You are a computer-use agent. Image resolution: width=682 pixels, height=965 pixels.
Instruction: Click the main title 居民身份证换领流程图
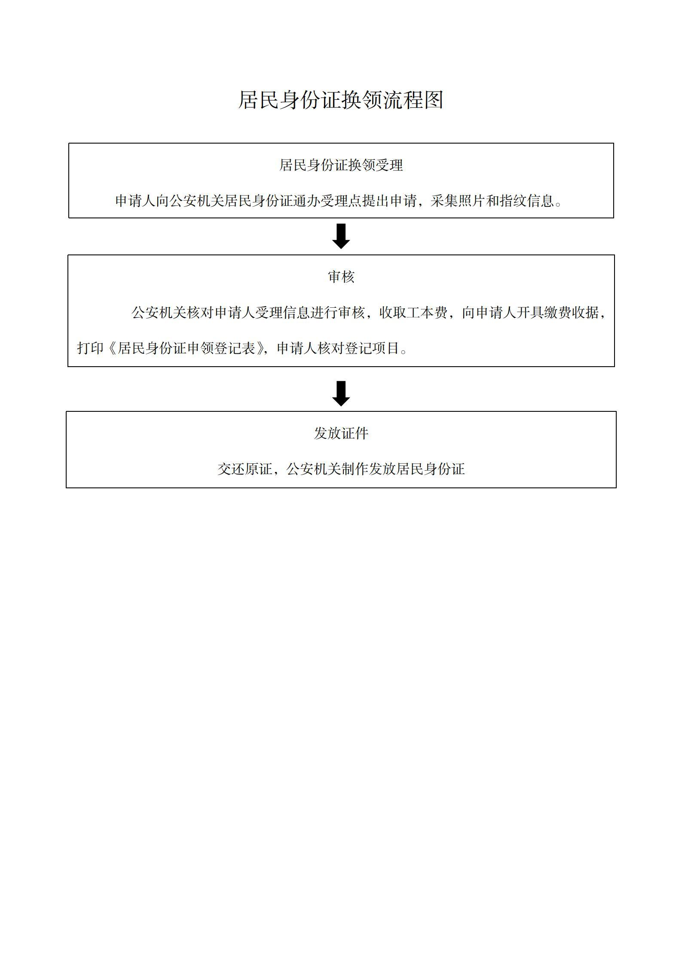[341, 100]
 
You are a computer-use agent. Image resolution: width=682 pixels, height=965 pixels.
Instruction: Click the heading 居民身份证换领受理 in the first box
[341, 165]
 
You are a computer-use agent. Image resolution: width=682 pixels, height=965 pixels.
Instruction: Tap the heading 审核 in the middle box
[341, 277]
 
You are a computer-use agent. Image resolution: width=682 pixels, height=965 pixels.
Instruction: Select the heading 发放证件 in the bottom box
[341, 433]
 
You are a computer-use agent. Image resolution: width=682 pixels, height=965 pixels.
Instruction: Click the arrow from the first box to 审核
[341, 236]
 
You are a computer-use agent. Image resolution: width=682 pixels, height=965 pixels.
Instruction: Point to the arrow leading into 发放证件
[341, 393]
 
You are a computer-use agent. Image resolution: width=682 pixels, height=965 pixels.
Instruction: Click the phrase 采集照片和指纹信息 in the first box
[492, 201]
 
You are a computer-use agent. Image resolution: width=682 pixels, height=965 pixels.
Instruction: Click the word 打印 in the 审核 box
[91, 348]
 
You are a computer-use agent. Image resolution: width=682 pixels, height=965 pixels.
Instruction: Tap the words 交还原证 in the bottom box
[245, 469]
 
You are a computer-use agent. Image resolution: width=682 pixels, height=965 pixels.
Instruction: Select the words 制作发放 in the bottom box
[369, 469]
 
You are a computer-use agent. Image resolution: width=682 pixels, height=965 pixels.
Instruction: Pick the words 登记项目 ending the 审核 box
[372, 348]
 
